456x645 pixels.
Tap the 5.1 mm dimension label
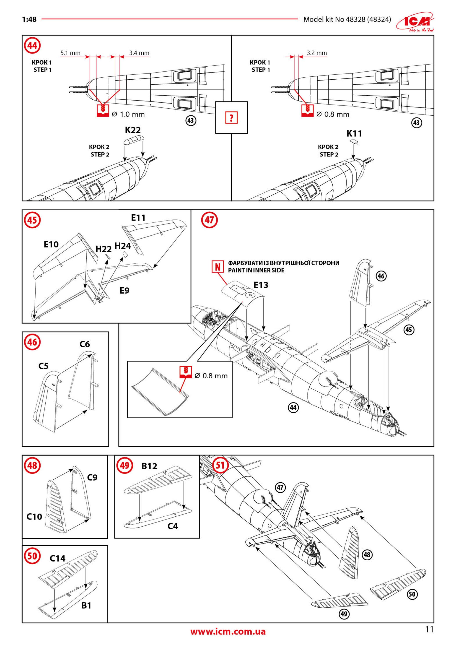(x=70, y=53)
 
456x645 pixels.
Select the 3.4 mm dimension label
(x=139, y=53)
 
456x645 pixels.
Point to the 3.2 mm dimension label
(x=316, y=53)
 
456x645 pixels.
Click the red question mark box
(x=231, y=117)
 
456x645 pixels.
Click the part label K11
(x=354, y=133)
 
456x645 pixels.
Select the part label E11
(x=138, y=218)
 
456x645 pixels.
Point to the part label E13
(x=261, y=285)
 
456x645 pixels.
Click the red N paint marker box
(x=218, y=266)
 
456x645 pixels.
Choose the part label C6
(x=85, y=344)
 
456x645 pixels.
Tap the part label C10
(x=34, y=517)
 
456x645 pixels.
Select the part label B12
(x=149, y=466)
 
